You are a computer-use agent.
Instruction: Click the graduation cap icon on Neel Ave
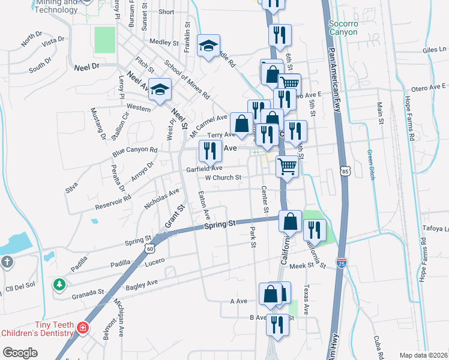(x=160, y=90)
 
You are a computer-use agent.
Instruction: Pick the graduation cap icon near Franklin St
(x=209, y=46)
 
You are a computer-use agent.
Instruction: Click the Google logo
(x=20, y=353)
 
